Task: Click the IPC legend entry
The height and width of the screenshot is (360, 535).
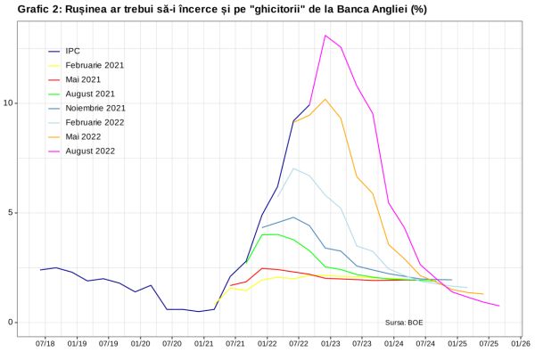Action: point(72,52)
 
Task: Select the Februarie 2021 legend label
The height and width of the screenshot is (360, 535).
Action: point(95,66)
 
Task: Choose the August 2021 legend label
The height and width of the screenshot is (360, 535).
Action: point(90,94)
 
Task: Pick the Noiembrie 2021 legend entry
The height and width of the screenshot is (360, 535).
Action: point(95,108)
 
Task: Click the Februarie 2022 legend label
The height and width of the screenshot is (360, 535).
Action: point(95,122)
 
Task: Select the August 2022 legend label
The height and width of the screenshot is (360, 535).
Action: point(90,151)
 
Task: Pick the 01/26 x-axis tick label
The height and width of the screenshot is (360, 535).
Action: point(521,343)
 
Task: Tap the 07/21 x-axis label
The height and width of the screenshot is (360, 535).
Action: point(235,343)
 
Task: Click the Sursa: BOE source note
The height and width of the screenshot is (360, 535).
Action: point(404,321)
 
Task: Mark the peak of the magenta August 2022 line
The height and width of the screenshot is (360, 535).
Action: point(325,36)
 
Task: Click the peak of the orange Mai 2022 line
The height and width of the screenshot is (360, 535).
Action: point(325,99)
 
